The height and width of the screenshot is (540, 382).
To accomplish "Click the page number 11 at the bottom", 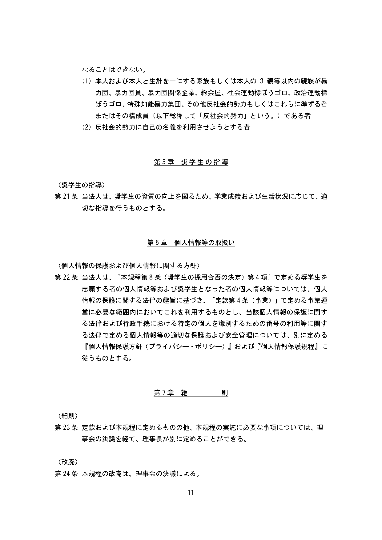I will point(191,493).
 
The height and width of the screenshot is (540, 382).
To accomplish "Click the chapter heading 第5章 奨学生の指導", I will point(191,162).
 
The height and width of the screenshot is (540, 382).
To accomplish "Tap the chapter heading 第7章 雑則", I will point(191,393).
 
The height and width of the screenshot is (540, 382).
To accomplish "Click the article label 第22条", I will point(66,277).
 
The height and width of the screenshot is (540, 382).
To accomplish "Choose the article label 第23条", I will point(66,427).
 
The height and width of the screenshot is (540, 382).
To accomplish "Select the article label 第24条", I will point(66,474).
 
